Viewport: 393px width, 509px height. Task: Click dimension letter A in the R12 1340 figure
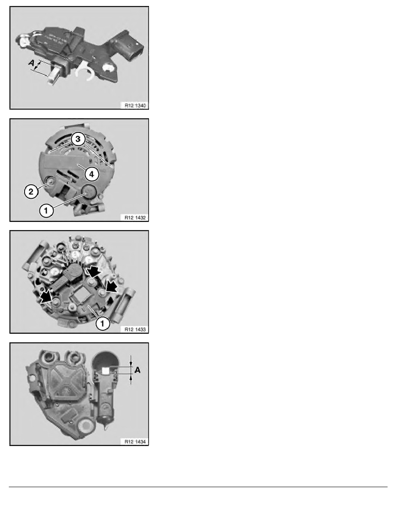pos(30,63)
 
